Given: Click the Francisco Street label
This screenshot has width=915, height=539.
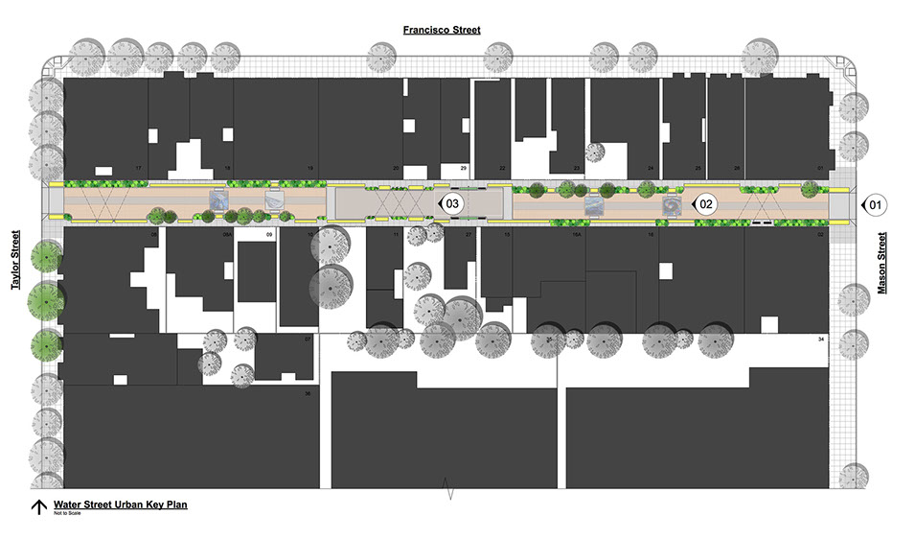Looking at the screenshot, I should tap(441, 30).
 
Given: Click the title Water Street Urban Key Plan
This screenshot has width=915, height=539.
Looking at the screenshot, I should tap(120, 504).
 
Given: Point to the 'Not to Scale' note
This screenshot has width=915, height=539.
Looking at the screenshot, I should tap(68, 514).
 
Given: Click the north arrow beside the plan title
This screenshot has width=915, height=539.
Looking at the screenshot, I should tap(38, 507).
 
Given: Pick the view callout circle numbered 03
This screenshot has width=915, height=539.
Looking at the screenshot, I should tap(453, 204).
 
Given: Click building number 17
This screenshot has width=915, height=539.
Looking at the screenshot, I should tap(139, 169).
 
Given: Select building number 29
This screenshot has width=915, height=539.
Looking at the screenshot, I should tap(464, 169).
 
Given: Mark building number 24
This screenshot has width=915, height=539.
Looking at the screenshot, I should tap(651, 169).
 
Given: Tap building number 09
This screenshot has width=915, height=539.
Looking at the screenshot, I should tap(269, 235).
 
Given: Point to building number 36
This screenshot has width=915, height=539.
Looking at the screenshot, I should tap(307, 393).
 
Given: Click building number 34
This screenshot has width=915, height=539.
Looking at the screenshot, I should tap(821, 340).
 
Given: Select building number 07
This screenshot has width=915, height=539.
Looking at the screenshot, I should tap(307, 340).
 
